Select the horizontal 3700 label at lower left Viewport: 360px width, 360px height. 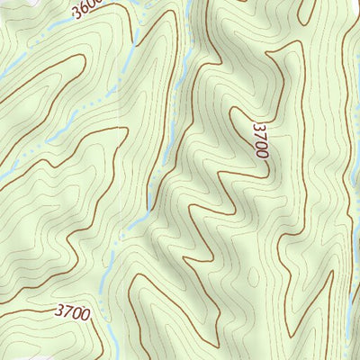pos(72,312)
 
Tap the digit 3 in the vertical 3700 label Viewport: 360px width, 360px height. pos(262,126)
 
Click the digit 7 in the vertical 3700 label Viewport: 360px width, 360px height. pos(262,135)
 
